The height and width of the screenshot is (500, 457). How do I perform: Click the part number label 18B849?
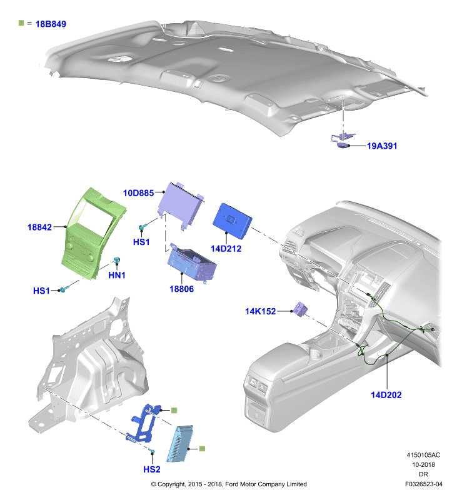click(x=51, y=24)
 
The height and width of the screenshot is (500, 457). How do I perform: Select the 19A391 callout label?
click(x=382, y=146)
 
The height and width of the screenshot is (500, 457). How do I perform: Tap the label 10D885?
click(x=138, y=193)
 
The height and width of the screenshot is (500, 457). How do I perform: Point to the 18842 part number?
click(x=39, y=227)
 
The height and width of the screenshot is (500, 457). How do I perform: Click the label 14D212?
click(x=226, y=248)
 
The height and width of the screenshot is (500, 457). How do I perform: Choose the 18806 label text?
click(x=181, y=289)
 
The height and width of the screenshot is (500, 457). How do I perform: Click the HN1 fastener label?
click(x=117, y=275)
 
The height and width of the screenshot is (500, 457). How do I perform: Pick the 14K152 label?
click(x=260, y=311)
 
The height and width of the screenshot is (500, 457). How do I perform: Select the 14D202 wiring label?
click(x=386, y=395)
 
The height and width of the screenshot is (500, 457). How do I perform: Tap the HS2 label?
click(x=152, y=469)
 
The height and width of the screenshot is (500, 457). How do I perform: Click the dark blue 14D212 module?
click(x=232, y=221)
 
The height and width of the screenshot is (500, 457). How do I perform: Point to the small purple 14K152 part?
click(x=301, y=309)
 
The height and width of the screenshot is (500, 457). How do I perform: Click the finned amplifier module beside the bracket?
click(x=180, y=443)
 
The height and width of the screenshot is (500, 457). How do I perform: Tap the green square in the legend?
click(x=21, y=23)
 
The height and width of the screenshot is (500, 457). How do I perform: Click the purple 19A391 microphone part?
click(x=343, y=141)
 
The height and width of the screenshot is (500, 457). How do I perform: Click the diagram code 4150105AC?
click(x=423, y=455)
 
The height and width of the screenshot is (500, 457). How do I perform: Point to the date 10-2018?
click(x=423, y=464)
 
